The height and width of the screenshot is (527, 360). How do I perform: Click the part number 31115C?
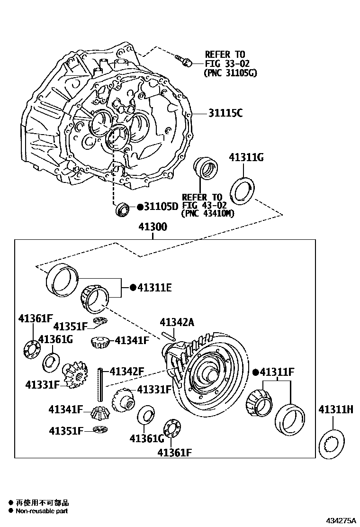[x=225, y=113]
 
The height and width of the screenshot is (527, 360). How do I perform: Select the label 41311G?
[x=246, y=157]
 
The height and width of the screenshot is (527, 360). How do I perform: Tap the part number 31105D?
[x=161, y=207]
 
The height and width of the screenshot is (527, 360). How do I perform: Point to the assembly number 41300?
[x=153, y=227]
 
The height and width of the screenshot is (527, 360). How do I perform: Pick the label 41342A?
[x=177, y=323]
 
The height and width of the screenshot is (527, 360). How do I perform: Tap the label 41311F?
[x=277, y=372]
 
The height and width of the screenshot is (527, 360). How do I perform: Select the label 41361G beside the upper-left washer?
[x=55, y=339]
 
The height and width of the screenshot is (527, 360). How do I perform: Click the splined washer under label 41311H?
[x=333, y=444]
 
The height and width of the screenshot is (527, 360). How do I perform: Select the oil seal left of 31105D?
[x=123, y=209]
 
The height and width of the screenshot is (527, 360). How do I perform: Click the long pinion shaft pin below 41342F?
[x=101, y=384]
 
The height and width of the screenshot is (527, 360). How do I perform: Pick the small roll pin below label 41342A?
[x=169, y=336]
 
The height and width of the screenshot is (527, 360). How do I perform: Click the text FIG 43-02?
[x=202, y=205]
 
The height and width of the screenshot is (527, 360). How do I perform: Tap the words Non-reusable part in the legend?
[x=42, y=511]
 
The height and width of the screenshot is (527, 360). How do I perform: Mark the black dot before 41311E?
[x=133, y=287]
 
